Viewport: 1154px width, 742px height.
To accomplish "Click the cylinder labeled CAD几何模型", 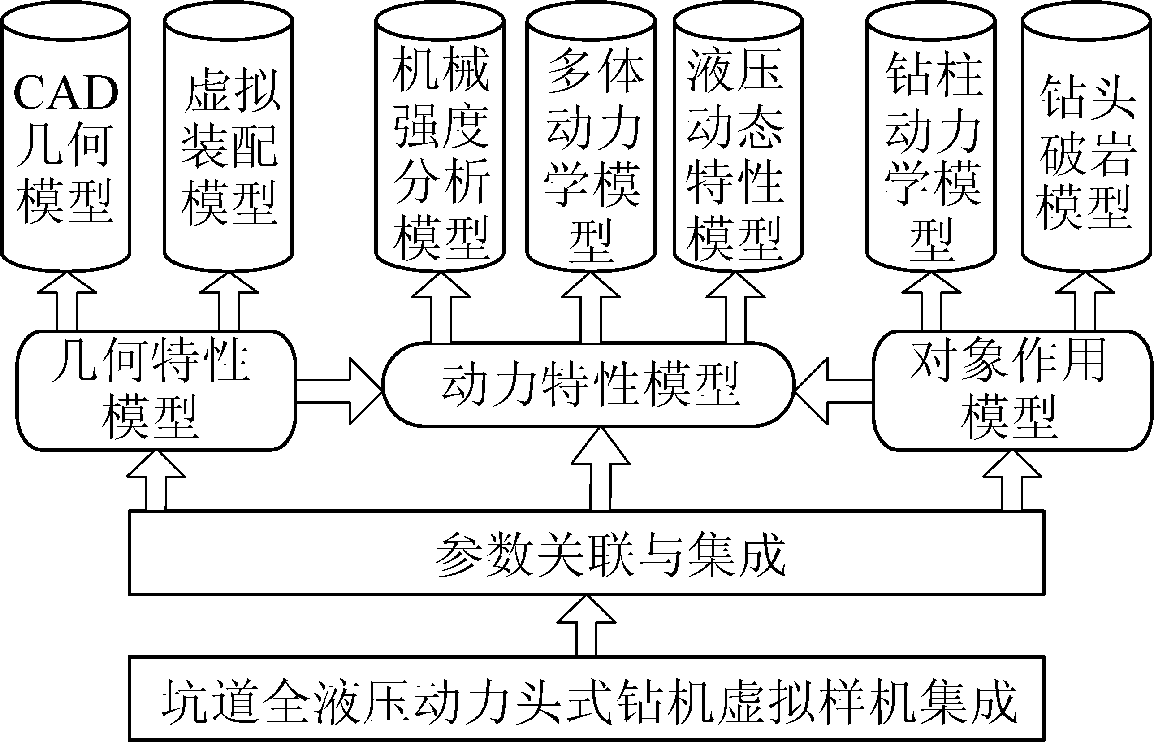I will (x=65, y=144).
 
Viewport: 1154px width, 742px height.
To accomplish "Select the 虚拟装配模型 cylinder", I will (x=228, y=144).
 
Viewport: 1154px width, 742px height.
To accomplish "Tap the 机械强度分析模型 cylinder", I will (x=440, y=144).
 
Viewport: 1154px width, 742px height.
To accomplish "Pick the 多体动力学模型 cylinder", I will (x=591, y=144).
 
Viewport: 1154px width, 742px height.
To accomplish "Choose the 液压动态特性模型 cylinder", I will (x=738, y=144).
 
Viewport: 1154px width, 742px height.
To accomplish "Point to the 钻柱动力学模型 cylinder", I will (x=931, y=144).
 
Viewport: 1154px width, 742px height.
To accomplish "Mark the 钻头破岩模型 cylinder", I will (x=1087, y=144).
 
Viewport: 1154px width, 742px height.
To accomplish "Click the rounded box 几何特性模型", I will (x=156, y=390).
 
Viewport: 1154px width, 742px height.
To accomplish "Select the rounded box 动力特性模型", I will (x=588, y=385).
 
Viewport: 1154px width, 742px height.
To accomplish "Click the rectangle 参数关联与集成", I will (x=587, y=553).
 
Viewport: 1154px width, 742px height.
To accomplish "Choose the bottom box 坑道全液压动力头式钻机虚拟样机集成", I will (x=587, y=699).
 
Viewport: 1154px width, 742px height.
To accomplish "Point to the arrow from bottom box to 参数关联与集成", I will (x=586, y=626).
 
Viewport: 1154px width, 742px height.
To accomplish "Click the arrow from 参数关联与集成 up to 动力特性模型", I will (x=600, y=470).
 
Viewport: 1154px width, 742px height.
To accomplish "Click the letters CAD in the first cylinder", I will (x=66, y=92).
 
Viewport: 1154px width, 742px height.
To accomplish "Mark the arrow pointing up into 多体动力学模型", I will (x=591, y=308).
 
